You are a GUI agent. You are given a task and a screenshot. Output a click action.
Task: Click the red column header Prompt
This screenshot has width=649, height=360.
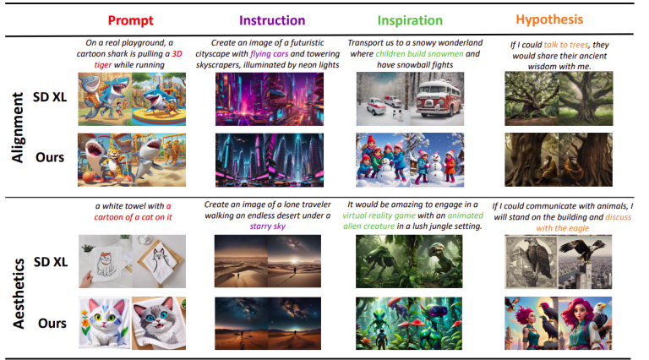130,18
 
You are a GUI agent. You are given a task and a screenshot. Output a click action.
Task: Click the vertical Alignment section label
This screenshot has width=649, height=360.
18,115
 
